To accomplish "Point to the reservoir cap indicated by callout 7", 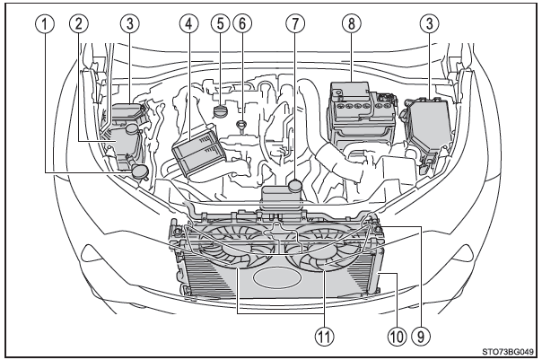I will [297, 186].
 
